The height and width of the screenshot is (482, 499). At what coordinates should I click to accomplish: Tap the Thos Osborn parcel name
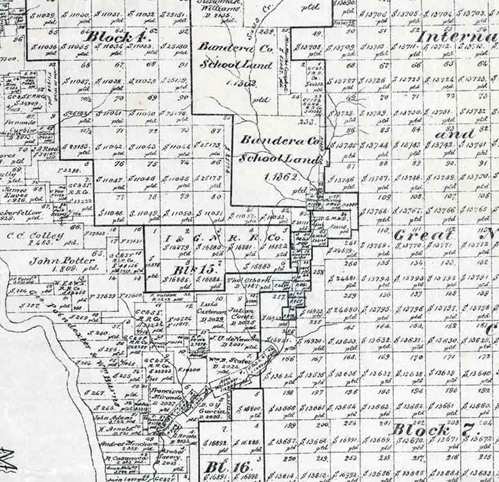[243, 280]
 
